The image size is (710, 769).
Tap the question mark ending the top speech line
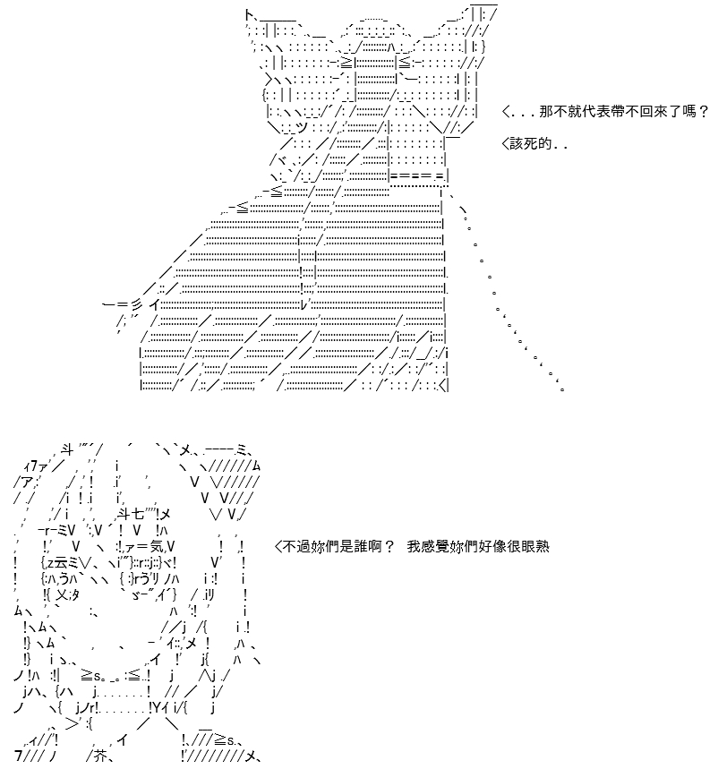coord(704,111)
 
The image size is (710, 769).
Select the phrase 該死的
coord(531,144)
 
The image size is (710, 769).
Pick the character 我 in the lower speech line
coord(414,546)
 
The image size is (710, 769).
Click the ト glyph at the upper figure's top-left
coord(249,16)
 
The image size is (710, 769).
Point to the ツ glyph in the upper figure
coord(302,127)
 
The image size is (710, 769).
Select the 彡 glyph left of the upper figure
coord(136,304)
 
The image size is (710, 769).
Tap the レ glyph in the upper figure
coord(304,304)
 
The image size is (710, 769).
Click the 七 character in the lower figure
coord(138,514)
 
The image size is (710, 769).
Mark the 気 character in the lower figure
coord(157,545)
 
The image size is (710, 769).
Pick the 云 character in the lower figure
coord(64,562)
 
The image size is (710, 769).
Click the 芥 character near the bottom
coord(100,756)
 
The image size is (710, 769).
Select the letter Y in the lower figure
coord(157,708)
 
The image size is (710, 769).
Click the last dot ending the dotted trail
coord(562,389)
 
